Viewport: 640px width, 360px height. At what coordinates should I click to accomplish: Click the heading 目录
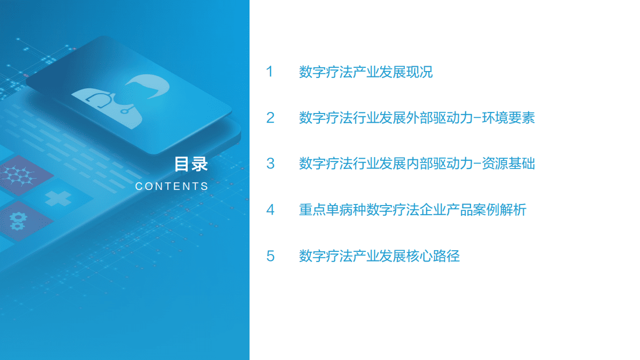[190, 164]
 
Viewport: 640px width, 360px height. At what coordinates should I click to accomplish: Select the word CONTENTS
[172, 186]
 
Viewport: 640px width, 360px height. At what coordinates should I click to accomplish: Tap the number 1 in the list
[270, 72]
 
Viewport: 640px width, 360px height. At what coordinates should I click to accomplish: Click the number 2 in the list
[271, 118]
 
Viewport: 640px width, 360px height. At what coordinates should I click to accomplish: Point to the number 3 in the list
[271, 164]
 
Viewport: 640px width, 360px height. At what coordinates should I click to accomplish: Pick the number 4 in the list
[271, 210]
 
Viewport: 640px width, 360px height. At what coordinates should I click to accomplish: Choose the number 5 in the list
[271, 256]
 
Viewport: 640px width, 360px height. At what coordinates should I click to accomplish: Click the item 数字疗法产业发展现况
[366, 72]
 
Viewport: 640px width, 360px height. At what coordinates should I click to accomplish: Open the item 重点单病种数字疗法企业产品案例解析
[413, 210]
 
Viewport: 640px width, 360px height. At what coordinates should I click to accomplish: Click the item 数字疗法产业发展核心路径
[379, 256]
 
